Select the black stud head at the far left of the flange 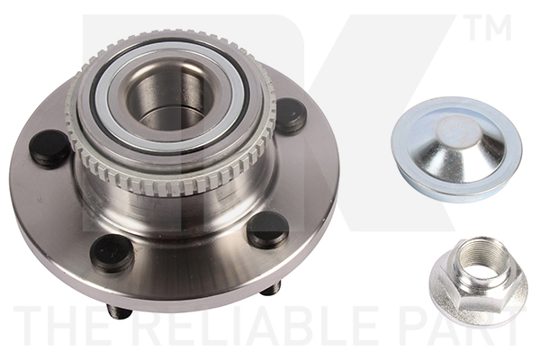(49, 148)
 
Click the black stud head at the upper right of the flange (289, 116)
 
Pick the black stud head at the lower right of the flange (267, 229)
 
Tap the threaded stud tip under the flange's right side (271, 289)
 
